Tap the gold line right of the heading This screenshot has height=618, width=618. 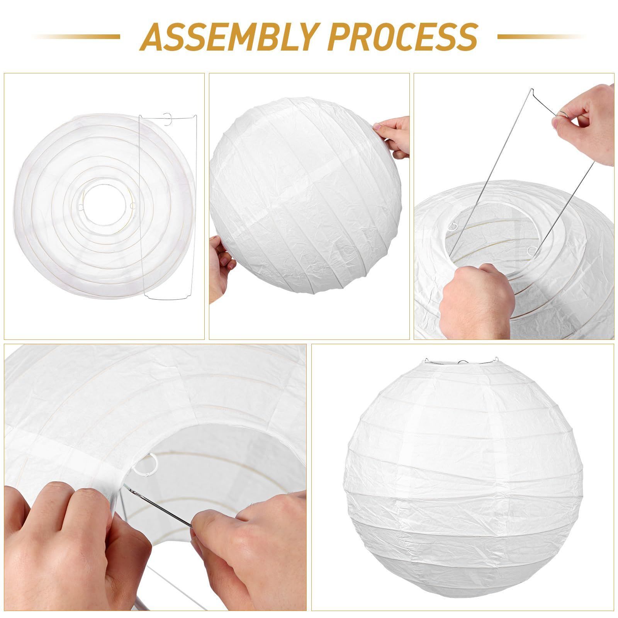[x=541, y=37]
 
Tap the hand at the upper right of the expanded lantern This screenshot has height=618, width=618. [x=392, y=137]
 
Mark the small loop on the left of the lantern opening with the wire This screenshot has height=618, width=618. [x=454, y=226]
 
